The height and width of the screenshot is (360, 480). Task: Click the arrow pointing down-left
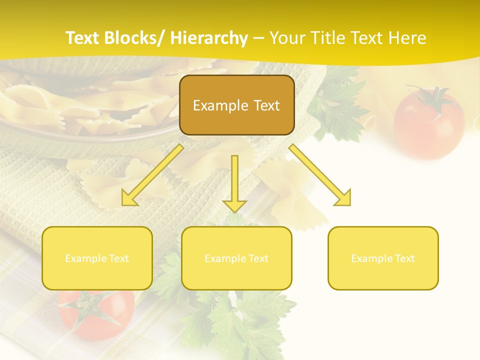[x=152, y=175]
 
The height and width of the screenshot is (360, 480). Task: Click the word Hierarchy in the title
[x=209, y=38]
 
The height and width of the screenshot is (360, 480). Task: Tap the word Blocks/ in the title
[x=140, y=38]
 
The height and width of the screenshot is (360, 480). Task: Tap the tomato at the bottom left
[x=95, y=312]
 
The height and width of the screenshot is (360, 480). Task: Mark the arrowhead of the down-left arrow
[x=129, y=198]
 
